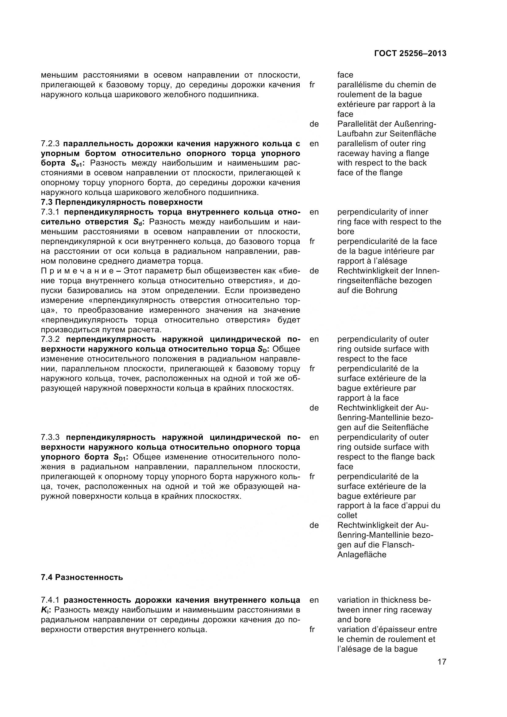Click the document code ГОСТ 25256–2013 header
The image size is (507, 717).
pyautogui.click(x=410, y=54)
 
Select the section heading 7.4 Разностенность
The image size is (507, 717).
pyautogui.click(x=82, y=578)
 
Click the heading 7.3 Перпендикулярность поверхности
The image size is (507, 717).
pyautogui.click(x=122, y=202)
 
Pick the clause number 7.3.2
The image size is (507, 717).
pyautogui.click(x=50, y=339)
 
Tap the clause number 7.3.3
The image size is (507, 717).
pyautogui.click(x=50, y=437)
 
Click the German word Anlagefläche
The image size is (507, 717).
pyautogui.click(x=362, y=555)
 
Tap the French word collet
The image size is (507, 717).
pyautogui.click(x=347, y=515)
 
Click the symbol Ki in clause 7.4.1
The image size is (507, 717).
pyautogui.click(x=44, y=610)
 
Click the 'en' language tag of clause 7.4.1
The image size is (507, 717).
pyautogui.click(x=314, y=600)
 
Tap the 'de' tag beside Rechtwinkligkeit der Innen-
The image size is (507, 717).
pyautogui.click(x=314, y=271)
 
